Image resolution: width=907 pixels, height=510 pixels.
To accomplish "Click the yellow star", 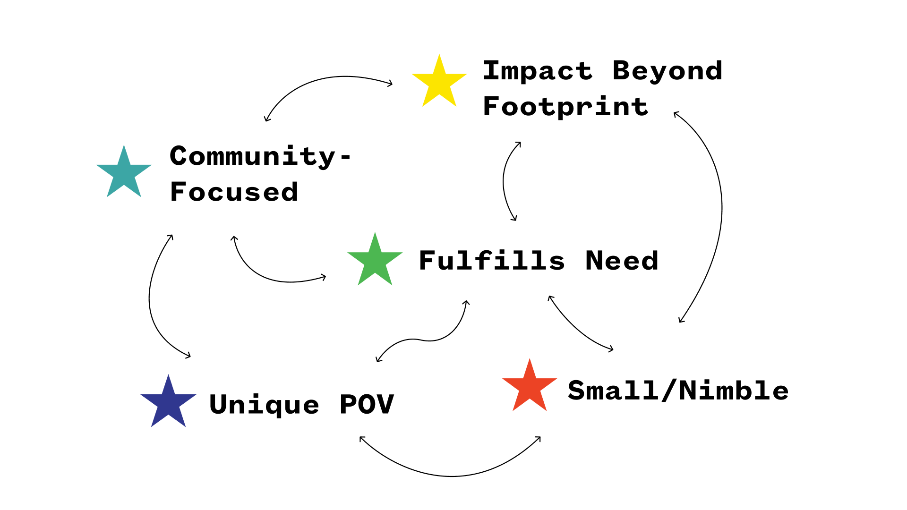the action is click(439, 82).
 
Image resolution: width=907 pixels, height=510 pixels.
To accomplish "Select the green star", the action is click(375, 261).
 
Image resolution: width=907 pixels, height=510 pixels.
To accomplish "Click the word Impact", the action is click(538, 71).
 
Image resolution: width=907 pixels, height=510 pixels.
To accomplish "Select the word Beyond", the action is click(667, 71).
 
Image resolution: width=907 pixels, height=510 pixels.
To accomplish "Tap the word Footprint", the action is click(565, 107).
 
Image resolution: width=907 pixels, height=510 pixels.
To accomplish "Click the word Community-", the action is click(260, 156).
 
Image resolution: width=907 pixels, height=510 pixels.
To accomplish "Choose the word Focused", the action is click(234, 192).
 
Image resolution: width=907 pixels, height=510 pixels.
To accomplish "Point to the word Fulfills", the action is click(492, 261).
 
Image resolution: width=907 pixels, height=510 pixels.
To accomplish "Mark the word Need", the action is click(622, 261).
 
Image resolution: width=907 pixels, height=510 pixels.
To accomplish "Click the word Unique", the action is click(264, 405).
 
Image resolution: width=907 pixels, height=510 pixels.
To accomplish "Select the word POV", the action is click(367, 405).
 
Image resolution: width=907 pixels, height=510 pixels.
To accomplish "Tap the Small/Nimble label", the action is click(678, 391).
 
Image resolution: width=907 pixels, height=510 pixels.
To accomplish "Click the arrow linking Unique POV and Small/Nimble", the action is click(451, 476).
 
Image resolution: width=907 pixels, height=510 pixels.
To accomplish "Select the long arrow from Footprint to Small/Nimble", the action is click(721, 208).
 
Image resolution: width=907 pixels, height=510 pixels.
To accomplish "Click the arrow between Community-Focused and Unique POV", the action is click(150, 297).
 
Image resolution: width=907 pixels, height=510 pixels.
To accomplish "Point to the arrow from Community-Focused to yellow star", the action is click(331, 77).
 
